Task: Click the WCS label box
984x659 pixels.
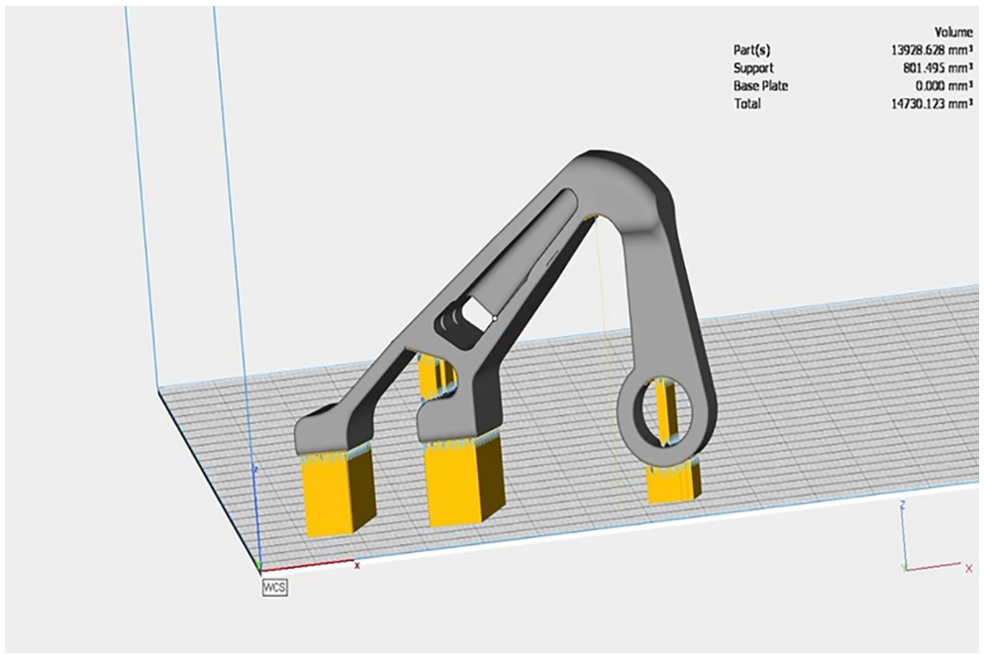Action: pos(275,588)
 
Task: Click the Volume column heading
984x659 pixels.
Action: pos(953,33)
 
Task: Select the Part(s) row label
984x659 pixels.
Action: pos(751,51)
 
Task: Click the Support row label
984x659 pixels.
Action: pos(753,67)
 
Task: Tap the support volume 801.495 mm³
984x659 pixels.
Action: pos(935,67)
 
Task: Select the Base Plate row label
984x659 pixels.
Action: pos(760,85)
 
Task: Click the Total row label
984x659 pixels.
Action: pos(747,104)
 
